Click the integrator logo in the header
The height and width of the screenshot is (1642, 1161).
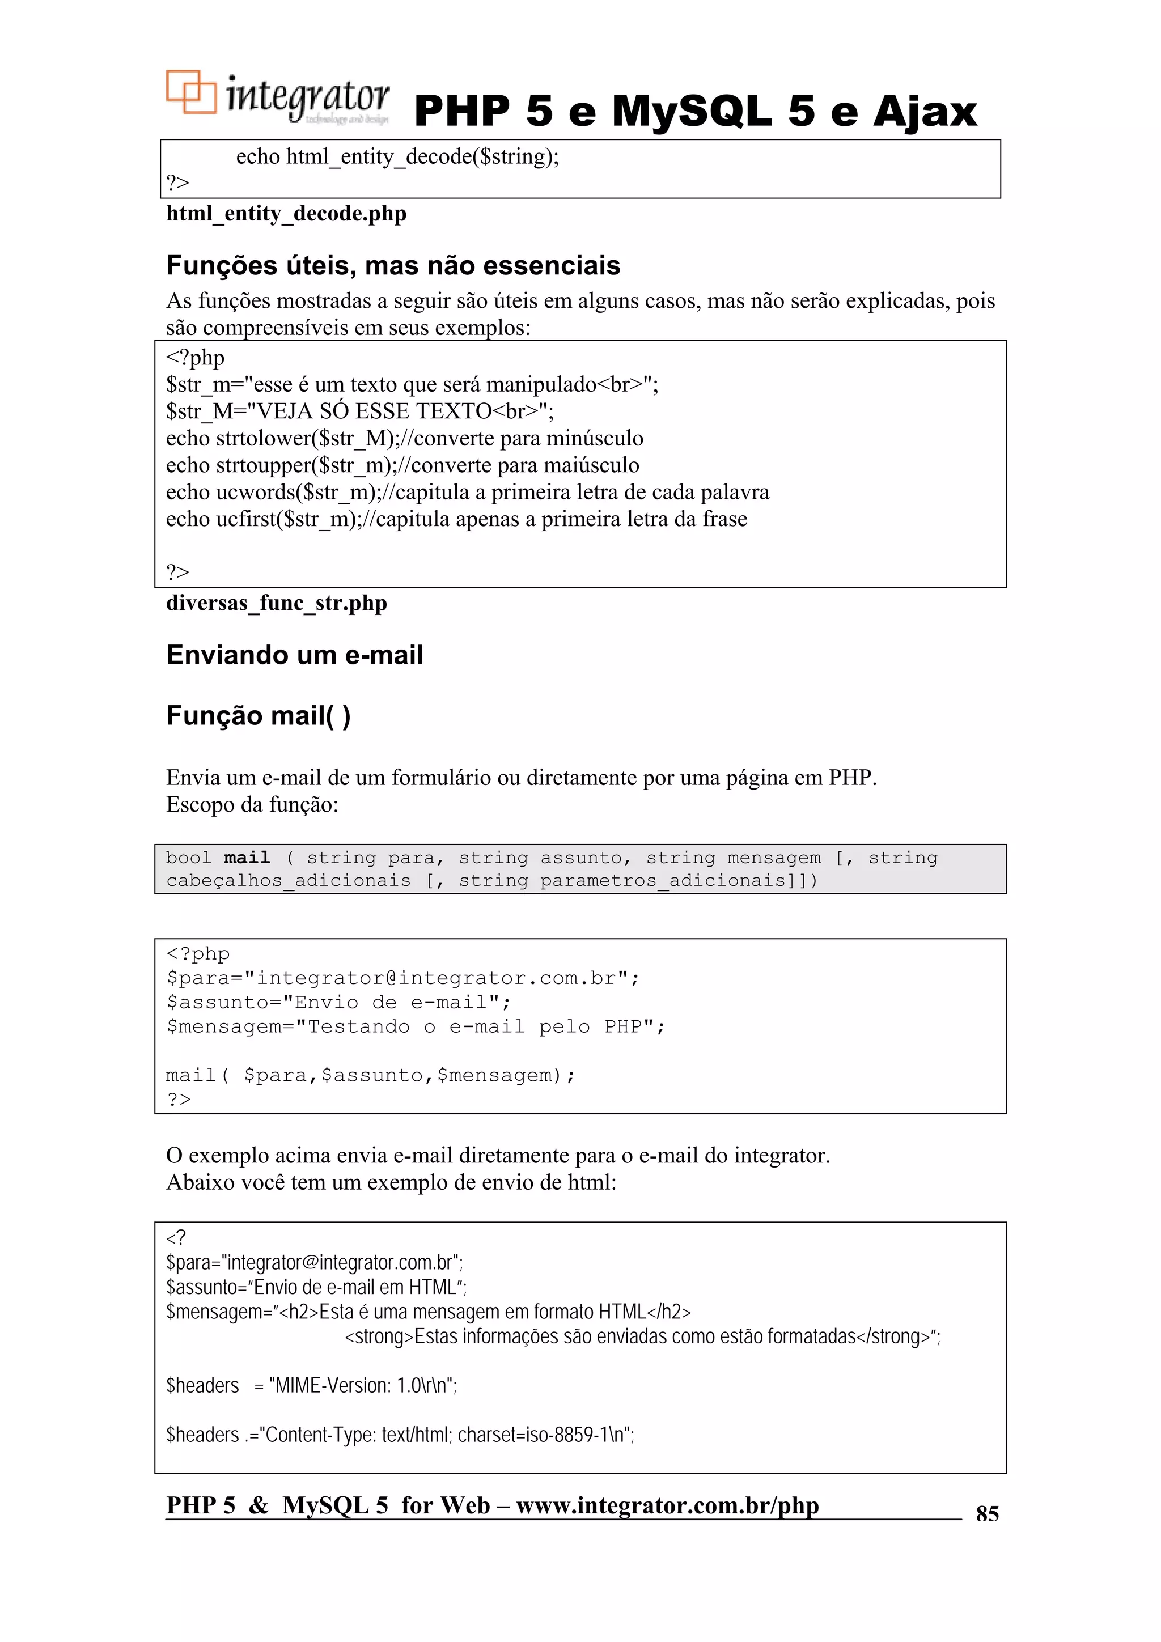[x=278, y=97]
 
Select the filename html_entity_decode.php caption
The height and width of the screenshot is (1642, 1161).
[x=286, y=213]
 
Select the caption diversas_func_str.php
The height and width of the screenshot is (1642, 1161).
[x=276, y=603]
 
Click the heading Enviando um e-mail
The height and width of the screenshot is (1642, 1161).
[x=294, y=655]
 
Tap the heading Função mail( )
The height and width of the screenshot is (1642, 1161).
[x=257, y=716]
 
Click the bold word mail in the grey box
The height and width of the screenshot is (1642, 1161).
[x=247, y=858]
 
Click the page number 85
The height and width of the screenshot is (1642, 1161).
[x=986, y=1513]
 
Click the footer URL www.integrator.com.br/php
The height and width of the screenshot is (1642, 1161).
[x=667, y=1505]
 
